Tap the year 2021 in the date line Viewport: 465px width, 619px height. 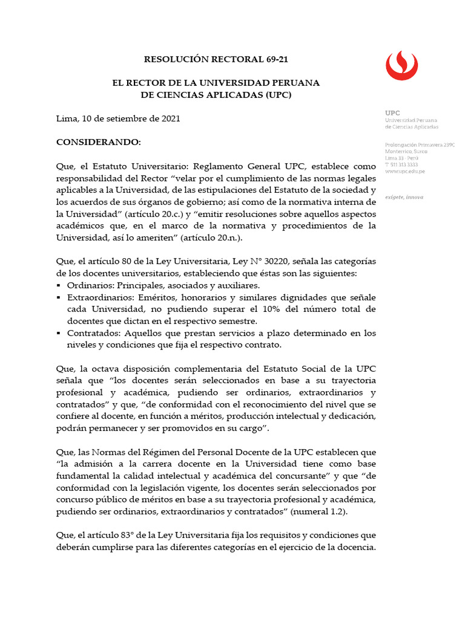[x=170, y=119]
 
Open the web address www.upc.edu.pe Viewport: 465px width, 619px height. [x=404, y=171]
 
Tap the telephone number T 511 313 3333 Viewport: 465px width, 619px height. [x=401, y=164]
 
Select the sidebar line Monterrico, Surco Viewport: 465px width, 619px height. [x=406, y=151]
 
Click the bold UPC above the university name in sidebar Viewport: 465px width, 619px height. [x=392, y=113]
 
